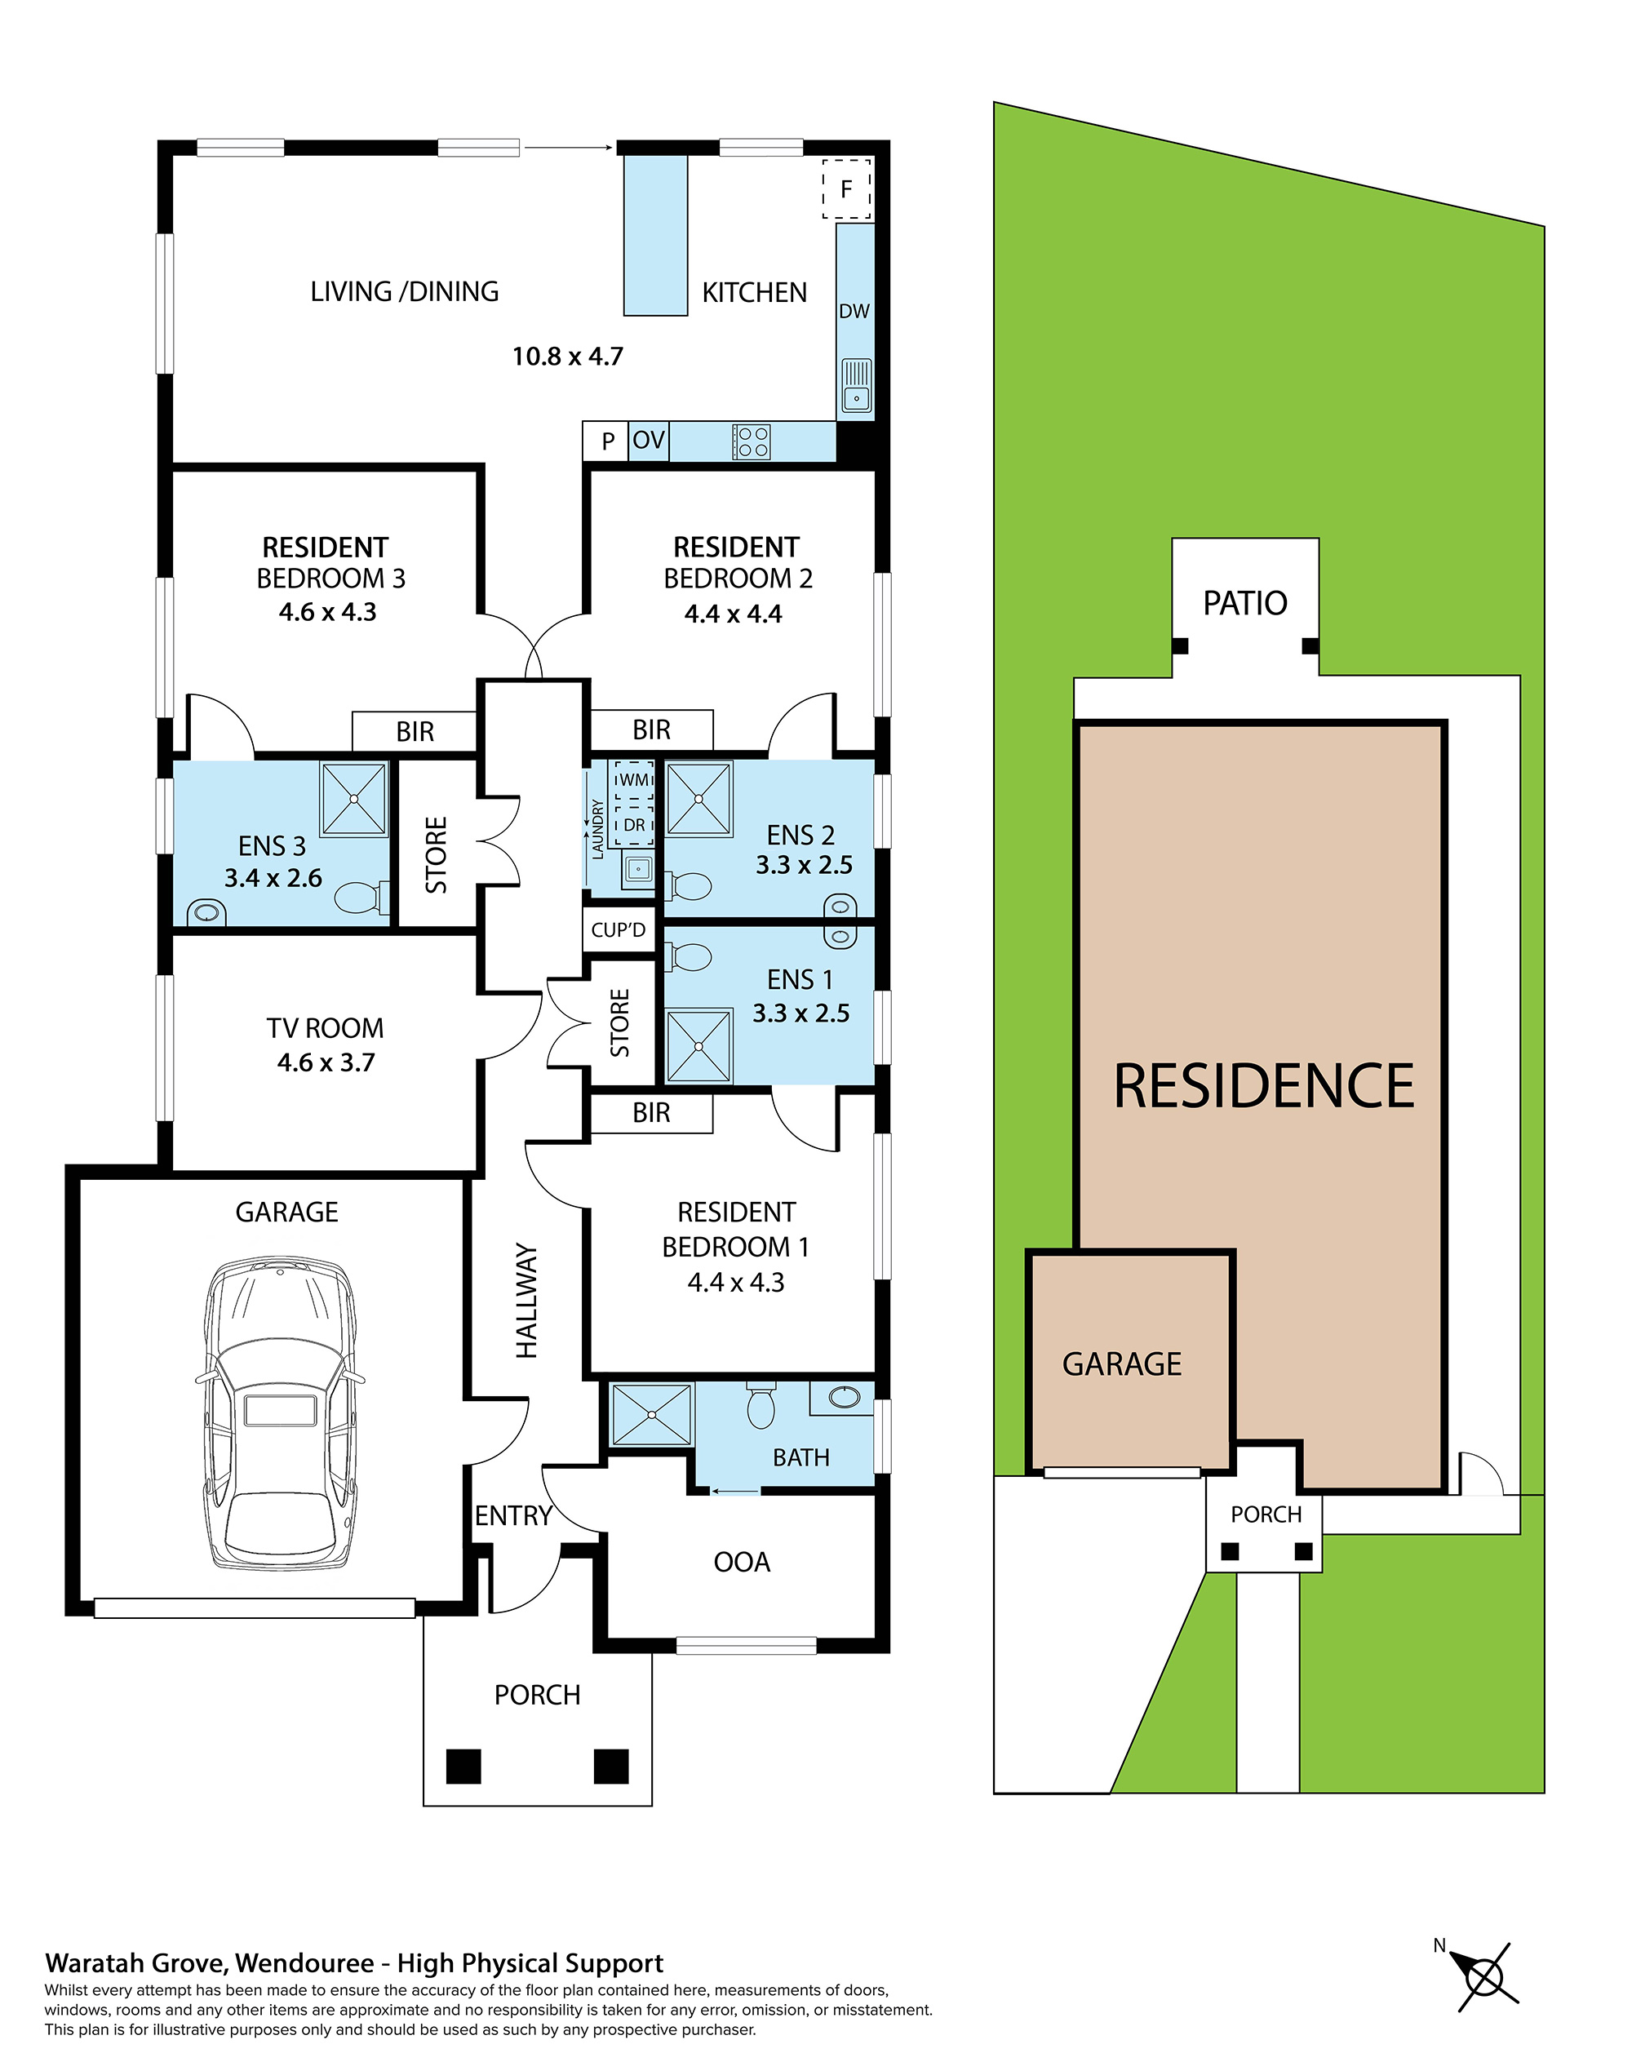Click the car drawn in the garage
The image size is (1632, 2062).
pyautogui.click(x=280, y=1414)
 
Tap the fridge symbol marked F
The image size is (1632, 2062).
pyautogui.click(x=845, y=189)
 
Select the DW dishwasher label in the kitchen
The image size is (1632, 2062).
pyautogui.click(x=854, y=312)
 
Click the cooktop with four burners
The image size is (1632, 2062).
pyautogui.click(x=752, y=442)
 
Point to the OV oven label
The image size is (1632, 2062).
pyautogui.click(x=648, y=441)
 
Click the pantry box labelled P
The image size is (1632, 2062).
pyautogui.click(x=607, y=441)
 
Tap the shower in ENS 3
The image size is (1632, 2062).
pyautogui.click(x=353, y=798)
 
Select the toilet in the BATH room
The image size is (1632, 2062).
pyautogui.click(x=761, y=1408)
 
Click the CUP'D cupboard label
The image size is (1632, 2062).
pyautogui.click(x=619, y=929)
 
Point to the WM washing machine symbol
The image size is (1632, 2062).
pyautogui.click(x=633, y=780)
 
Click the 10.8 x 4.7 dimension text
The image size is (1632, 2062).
pyautogui.click(x=568, y=357)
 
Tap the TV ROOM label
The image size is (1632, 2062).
pyautogui.click(x=325, y=1028)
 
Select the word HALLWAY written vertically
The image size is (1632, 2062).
pyautogui.click(x=526, y=1300)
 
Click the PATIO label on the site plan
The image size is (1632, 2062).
pyautogui.click(x=1244, y=604)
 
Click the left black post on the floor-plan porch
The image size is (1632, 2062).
pyautogui.click(x=463, y=1766)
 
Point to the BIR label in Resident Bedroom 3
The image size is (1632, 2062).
pyautogui.click(x=415, y=732)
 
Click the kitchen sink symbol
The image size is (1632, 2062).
pyautogui.click(x=856, y=386)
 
